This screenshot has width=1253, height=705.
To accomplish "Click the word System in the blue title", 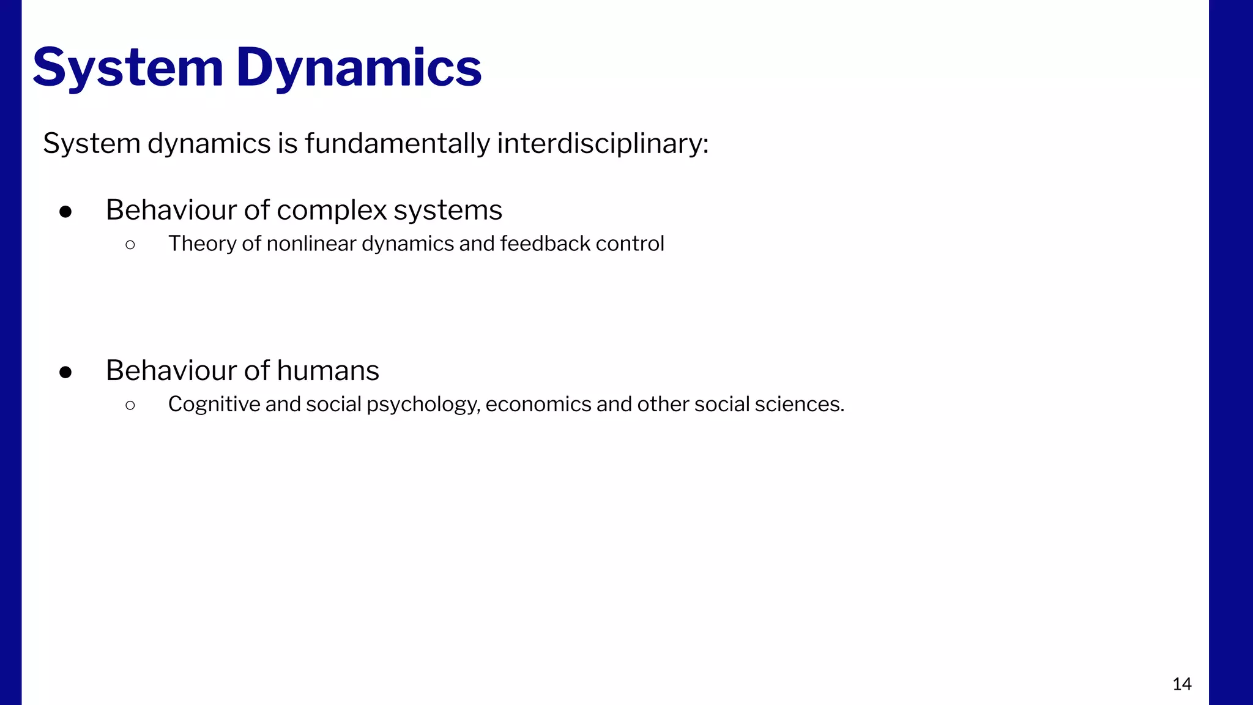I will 128,67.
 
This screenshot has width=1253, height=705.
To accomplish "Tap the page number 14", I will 1181,684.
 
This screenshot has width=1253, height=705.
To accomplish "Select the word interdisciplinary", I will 602,144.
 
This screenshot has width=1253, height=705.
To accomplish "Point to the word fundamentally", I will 397,144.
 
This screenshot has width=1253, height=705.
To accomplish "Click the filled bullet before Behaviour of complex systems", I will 65,212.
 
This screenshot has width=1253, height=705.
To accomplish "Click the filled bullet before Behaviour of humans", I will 65,372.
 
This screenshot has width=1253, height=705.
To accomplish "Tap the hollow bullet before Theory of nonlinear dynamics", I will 130,245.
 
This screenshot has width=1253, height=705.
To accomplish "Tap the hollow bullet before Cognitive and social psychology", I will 130,405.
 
